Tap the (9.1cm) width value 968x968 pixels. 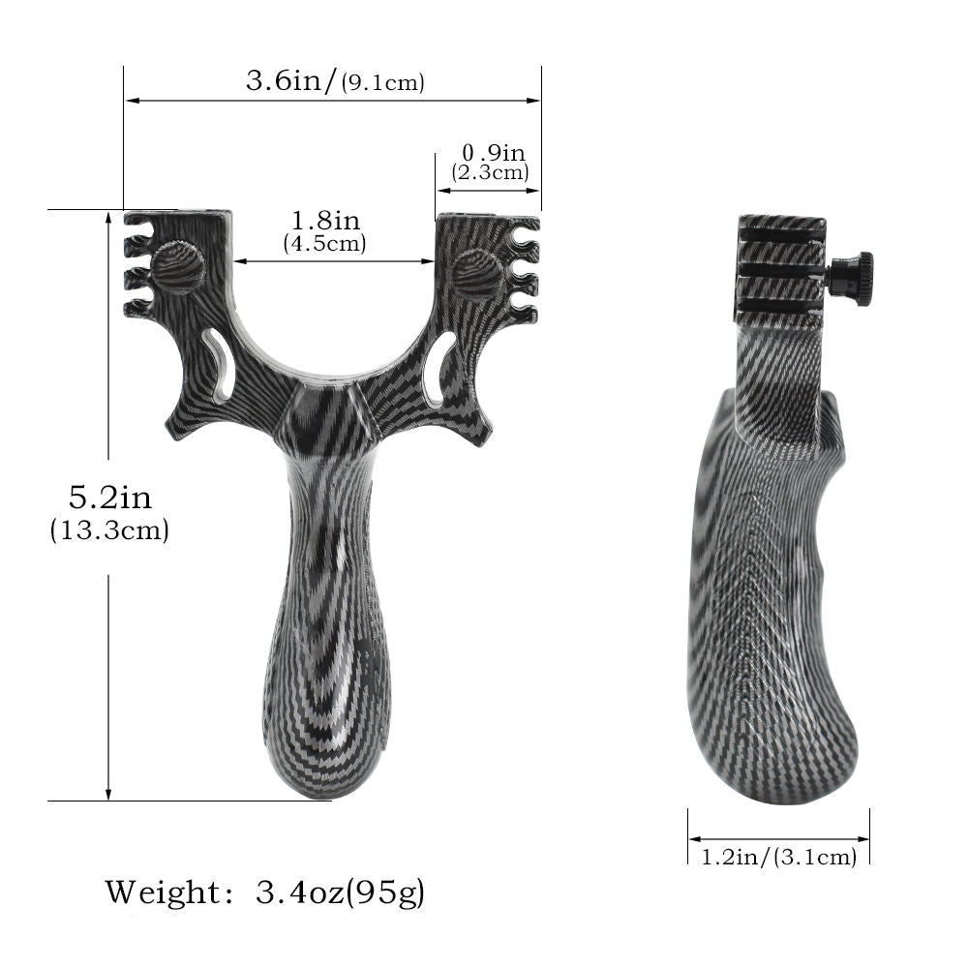[383, 82]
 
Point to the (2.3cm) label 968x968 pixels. [491, 172]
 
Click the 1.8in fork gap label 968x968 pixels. [324, 222]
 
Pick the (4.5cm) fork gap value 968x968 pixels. [324, 243]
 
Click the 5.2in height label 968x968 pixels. [109, 498]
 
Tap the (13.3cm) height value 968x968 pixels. [109, 530]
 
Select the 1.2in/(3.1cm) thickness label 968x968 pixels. [778, 856]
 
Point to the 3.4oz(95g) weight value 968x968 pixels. [338, 891]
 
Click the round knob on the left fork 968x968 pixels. [178, 268]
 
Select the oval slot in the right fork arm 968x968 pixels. [439, 367]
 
